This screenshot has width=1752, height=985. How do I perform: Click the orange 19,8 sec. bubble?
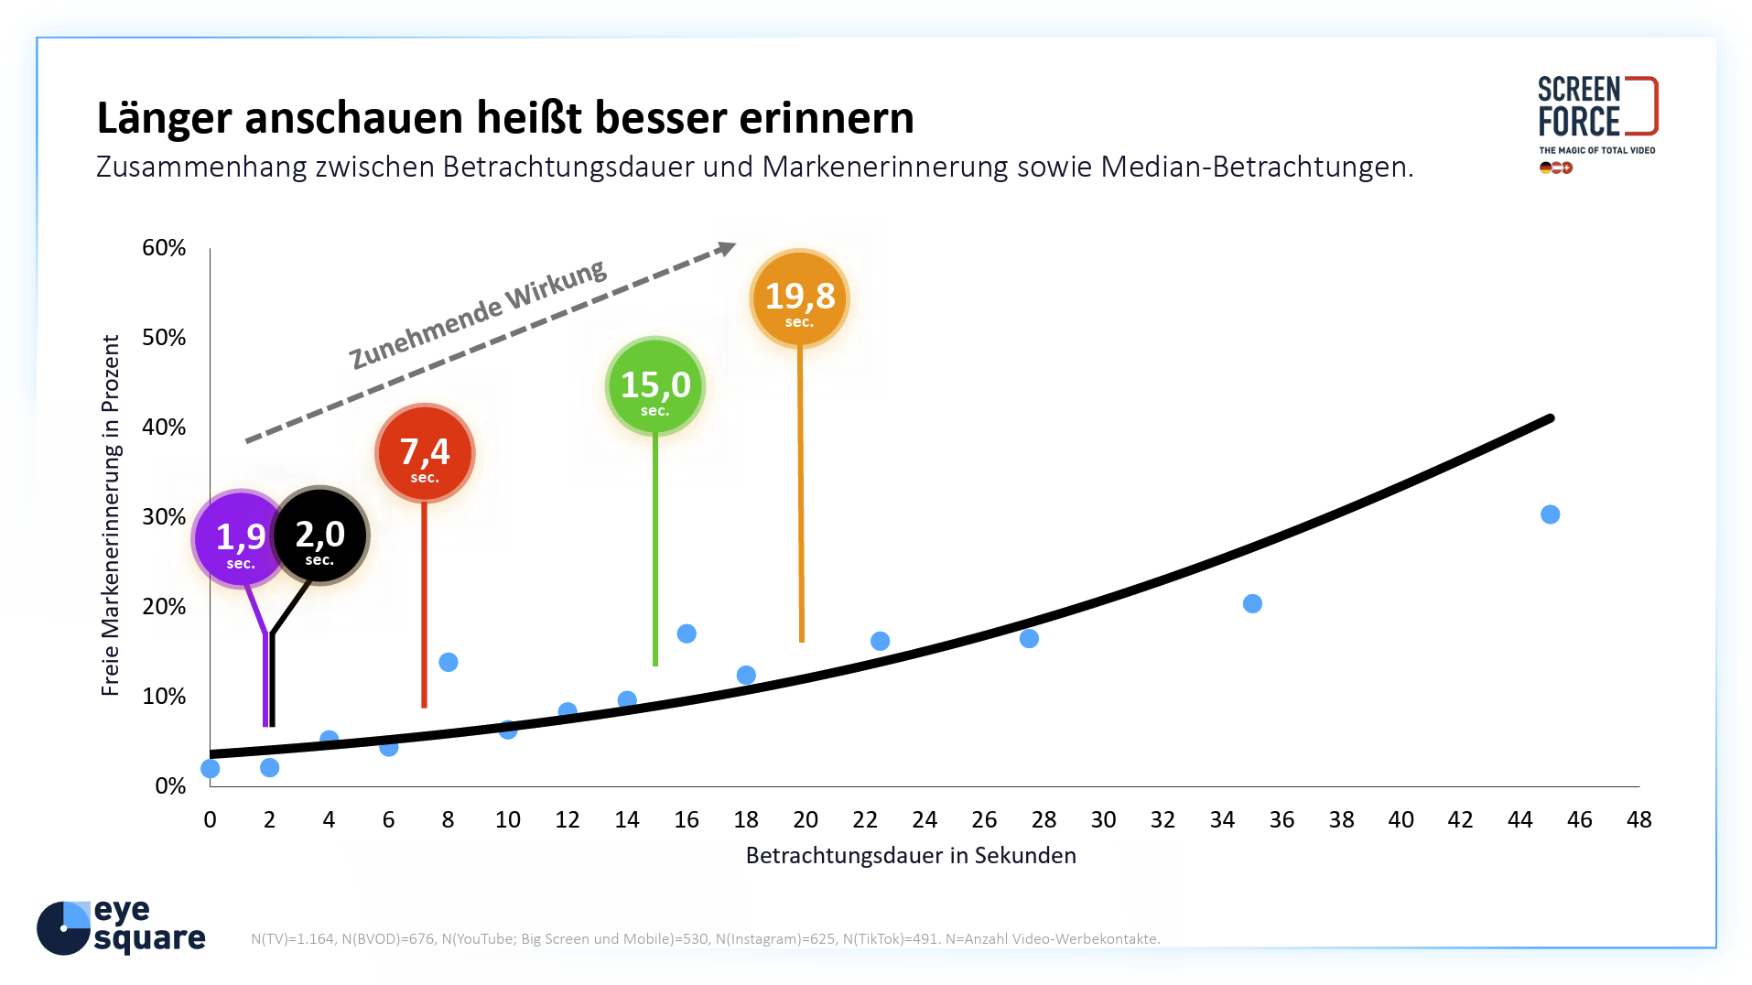799,298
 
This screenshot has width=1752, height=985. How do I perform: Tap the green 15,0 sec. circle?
655,386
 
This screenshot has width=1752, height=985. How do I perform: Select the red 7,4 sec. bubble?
425,453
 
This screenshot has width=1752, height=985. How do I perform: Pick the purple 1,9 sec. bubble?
240,539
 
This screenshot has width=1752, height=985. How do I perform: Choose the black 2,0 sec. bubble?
320,536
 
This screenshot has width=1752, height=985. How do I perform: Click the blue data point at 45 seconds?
1550,514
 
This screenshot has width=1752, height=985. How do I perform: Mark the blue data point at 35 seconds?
1252,603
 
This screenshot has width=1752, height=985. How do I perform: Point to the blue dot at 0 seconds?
211,768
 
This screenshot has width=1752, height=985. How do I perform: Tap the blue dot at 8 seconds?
449,662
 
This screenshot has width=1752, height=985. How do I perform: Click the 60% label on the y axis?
164,248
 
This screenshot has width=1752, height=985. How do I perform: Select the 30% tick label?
164,517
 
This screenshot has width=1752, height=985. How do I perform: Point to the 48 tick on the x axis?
1638,819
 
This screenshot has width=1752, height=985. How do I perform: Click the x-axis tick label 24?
925,819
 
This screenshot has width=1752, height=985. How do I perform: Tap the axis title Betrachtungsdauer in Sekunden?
911,855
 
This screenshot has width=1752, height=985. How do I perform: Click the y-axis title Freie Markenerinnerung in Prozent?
111,515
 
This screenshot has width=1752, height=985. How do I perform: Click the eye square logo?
121,926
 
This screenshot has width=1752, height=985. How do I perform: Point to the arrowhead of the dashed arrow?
728,247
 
